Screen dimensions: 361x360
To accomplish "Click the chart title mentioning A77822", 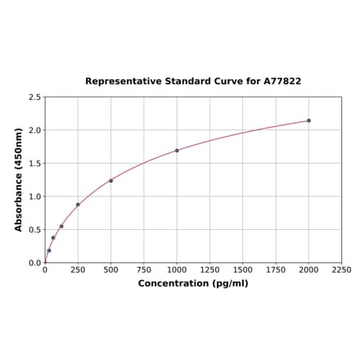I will [193, 82].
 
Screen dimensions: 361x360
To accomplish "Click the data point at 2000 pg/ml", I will [308, 120].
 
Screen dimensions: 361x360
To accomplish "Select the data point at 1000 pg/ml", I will [177, 151].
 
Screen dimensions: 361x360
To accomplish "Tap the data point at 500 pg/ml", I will [111, 181].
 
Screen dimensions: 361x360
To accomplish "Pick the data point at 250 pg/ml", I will [78, 205].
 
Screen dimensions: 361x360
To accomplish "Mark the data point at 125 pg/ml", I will [61, 227].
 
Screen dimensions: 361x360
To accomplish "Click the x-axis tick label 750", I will [144, 270].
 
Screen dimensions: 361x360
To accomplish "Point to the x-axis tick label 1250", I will [209, 270].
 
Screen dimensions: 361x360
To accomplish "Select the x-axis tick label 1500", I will [243, 270].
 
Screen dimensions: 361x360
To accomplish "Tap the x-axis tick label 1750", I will [276, 270].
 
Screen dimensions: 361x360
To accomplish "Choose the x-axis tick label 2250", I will [341, 270].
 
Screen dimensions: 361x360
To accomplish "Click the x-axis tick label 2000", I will [308, 270].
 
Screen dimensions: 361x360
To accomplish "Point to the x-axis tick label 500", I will [111, 270].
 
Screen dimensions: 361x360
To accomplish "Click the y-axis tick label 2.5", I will [35, 97].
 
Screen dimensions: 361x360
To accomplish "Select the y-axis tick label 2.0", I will [35, 130].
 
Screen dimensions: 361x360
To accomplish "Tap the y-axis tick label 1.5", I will [35, 164].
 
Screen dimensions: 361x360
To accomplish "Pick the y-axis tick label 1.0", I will [35, 196].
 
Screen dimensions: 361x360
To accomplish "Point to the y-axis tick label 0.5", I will [35, 230].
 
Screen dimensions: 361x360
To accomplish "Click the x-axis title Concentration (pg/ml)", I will [193, 284].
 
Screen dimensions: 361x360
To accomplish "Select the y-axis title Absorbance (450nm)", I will [18, 179].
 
